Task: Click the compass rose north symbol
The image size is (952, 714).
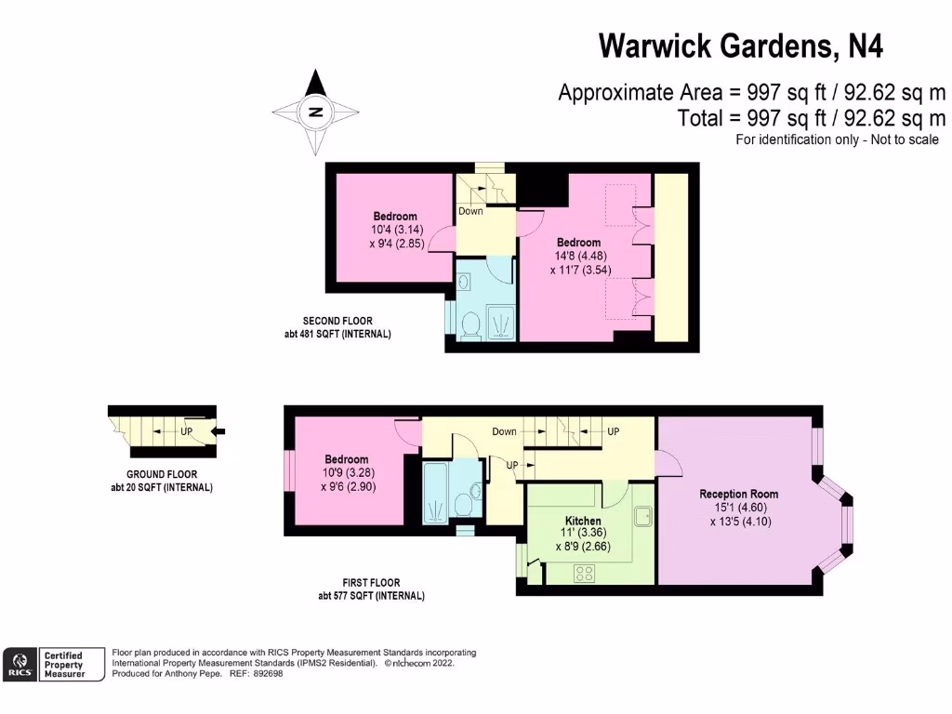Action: (316, 112)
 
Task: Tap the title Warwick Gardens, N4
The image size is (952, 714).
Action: (739, 46)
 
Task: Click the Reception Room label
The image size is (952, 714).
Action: (739, 494)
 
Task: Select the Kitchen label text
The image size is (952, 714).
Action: (583, 521)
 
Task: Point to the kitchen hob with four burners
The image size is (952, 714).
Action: (586, 575)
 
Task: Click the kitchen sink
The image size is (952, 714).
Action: (643, 516)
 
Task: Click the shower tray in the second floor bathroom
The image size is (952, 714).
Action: (498, 322)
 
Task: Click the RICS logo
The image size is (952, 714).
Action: (20, 661)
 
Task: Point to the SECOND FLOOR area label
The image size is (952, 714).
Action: (337, 321)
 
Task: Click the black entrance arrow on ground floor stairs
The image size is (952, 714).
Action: (219, 430)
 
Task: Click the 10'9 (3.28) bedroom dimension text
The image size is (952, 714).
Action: (346, 473)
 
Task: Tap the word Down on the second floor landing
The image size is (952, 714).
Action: (471, 211)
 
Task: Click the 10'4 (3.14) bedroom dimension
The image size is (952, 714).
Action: (395, 230)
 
